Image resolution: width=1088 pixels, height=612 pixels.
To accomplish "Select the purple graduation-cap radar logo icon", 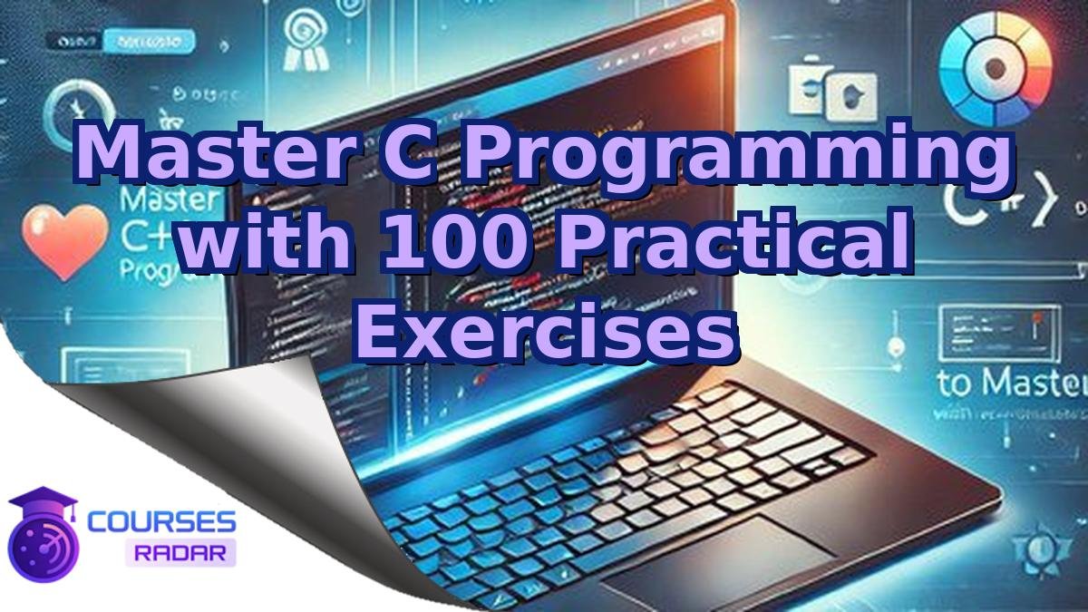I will pyautogui.click(x=43, y=536).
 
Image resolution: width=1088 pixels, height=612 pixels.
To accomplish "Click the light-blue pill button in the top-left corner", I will pyautogui.click(x=148, y=41).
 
